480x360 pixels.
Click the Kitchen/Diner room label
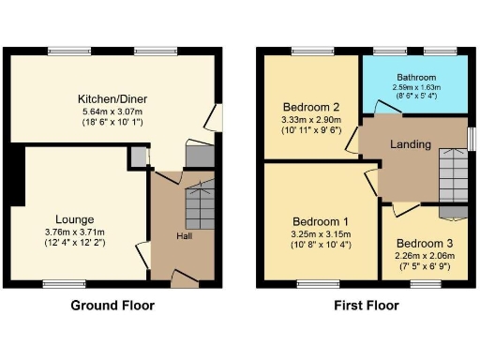click(112, 98)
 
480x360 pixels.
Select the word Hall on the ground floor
click(185, 235)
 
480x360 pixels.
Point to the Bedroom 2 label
click(309, 108)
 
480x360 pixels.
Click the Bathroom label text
click(416, 78)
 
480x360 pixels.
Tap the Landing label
click(411, 144)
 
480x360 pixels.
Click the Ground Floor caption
click(112, 306)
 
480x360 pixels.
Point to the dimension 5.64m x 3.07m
click(112, 112)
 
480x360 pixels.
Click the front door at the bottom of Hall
click(185, 277)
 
